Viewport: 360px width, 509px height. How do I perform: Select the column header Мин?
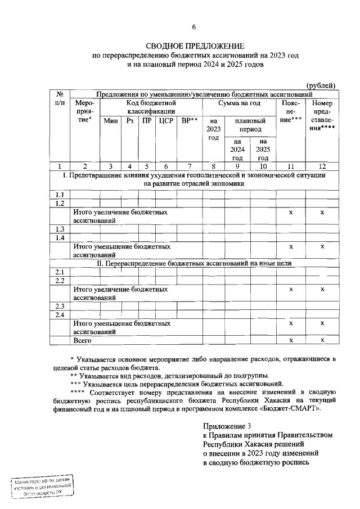tap(110, 121)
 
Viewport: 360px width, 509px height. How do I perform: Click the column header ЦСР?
tap(165, 121)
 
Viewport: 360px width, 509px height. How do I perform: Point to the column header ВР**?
tap(189, 121)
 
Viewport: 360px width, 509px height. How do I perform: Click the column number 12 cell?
tap(322, 166)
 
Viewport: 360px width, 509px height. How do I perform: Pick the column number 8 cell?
tap(213, 166)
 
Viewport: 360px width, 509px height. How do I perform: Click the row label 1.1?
tap(60, 195)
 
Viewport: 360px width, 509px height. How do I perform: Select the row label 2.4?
tap(60, 314)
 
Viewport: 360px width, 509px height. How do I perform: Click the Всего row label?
tap(83, 340)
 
